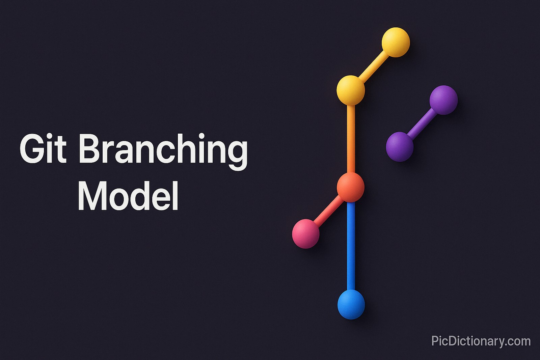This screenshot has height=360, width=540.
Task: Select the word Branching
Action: pyautogui.click(x=163, y=150)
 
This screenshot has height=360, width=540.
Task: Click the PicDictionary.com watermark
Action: pyautogui.click(x=481, y=341)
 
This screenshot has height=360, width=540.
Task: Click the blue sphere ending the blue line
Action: pyautogui.click(x=351, y=304)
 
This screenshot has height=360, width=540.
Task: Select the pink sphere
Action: pyautogui.click(x=306, y=233)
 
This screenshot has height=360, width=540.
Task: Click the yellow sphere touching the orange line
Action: pyautogui.click(x=351, y=90)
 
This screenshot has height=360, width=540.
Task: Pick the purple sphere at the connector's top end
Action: pyautogui.click(x=443, y=100)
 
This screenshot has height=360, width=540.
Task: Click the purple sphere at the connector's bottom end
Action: pyautogui.click(x=400, y=146)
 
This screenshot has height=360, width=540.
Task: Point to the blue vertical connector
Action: pyautogui.click(x=351, y=246)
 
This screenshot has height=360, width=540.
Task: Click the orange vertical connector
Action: pyautogui.click(x=351, y=138)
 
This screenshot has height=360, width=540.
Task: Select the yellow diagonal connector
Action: pyautogui.click(x=373, y=66)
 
